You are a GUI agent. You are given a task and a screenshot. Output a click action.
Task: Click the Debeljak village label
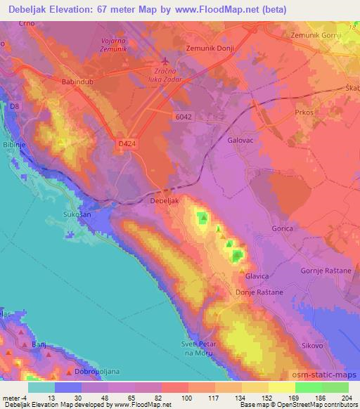[166, 200]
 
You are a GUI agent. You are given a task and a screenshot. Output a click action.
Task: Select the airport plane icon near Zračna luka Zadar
[165, 61]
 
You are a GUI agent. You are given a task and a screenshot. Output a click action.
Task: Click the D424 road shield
[126, 143]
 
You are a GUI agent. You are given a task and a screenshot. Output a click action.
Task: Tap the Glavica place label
[257, 276]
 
